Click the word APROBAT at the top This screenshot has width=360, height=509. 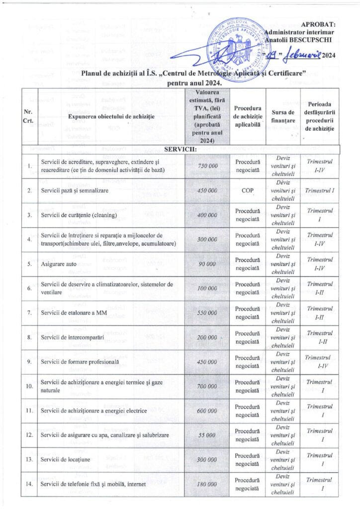[x=318, y=24]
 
